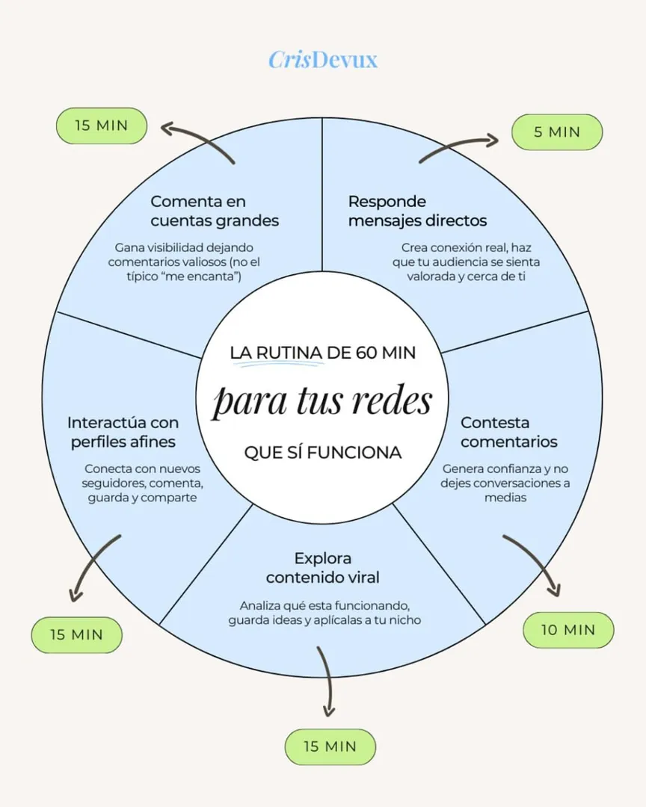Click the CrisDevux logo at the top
[x=323, y=61]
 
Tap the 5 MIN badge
[x=557, y=132]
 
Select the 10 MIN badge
[x=568, y=630]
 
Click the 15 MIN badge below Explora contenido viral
[x=330, y=746]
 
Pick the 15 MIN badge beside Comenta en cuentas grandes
[x=102, y=126]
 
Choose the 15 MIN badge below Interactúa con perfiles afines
[x=77, y=634]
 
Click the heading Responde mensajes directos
[x=417, y=211]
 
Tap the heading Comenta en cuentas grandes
[x=215, y=211]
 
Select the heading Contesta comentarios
[x=509, y=433]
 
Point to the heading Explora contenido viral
[x=322, y=568]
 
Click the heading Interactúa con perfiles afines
[x=123, y=433]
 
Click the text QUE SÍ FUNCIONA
[x=323, y=453]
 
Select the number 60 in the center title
[x=366, y=353]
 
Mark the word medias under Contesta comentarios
[x=505, y=498]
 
